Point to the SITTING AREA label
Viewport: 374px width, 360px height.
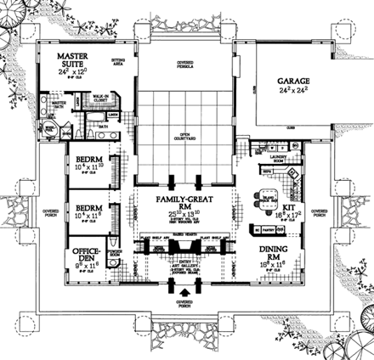[119, 62]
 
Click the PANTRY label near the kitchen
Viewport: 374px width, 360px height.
[268, 229]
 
